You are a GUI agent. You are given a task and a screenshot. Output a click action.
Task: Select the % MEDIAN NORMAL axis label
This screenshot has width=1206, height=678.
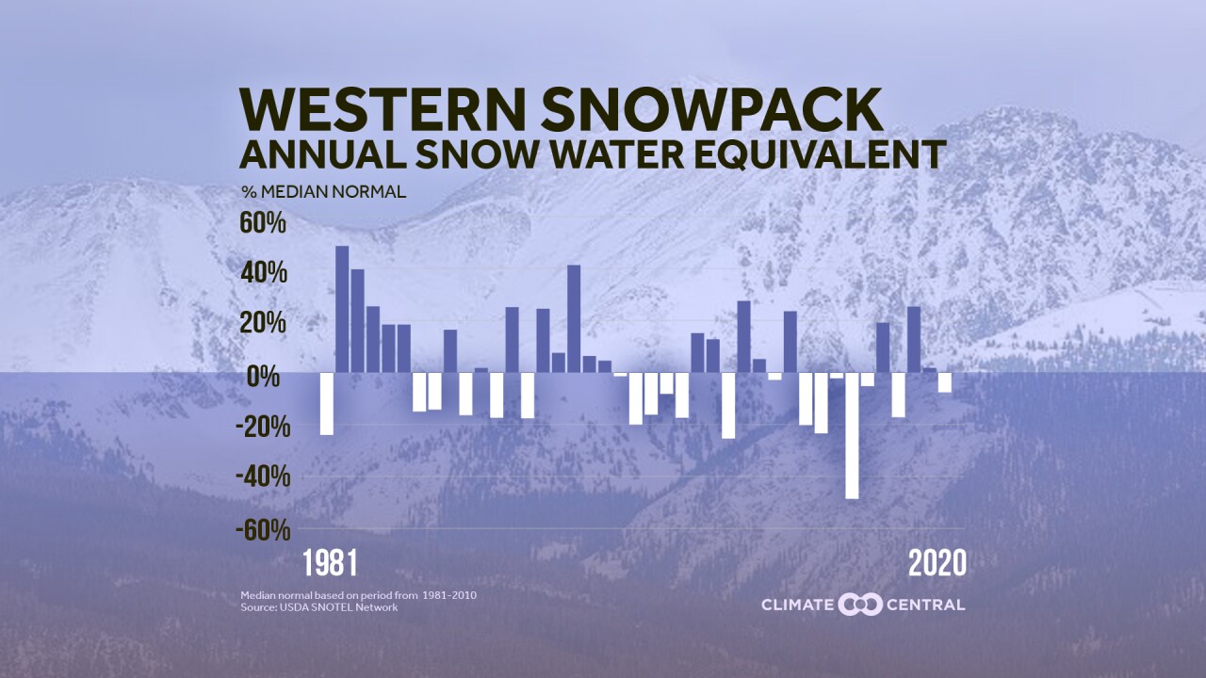[323, 192]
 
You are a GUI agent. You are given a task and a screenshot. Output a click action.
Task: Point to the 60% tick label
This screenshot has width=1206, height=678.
[267, 224]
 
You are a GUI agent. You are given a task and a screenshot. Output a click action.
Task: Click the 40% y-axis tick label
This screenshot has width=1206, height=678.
[267, 274]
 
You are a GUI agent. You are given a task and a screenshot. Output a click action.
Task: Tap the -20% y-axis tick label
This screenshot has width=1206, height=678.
[263, 427]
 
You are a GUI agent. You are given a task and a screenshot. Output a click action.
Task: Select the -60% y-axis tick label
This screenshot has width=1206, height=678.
[263, 529]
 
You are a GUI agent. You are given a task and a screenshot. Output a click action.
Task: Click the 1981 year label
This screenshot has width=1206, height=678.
[330, 563]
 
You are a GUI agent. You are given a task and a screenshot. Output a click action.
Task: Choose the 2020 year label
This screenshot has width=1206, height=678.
[937, 563]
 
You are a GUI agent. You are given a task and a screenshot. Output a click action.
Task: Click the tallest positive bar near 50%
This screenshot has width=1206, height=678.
[342, 309]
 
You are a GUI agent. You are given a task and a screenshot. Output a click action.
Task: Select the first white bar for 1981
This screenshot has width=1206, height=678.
[327, 403]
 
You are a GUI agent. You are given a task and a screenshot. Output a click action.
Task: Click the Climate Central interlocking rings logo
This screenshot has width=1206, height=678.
[859, 604]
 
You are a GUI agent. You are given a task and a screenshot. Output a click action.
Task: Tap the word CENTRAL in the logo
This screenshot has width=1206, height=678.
[926, 605]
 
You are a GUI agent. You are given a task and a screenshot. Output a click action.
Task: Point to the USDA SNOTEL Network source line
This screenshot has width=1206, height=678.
[318, 607]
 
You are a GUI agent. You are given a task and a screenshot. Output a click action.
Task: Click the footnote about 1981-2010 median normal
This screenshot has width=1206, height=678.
[365, 595]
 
